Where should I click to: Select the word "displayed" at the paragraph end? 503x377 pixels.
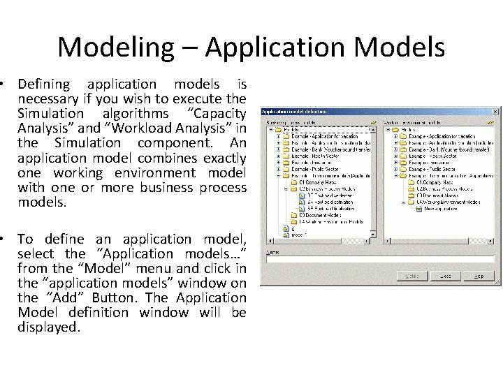click(x=48, y=327)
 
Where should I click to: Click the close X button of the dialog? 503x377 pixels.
click(x=494, y=111)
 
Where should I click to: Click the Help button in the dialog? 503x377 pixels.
click(x=479, y=276)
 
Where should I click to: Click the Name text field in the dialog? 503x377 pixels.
click(x=381, y=259)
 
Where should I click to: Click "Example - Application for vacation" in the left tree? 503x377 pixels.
click(x=325, y=136)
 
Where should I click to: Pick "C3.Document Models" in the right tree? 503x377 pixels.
click(x=437, y=195)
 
